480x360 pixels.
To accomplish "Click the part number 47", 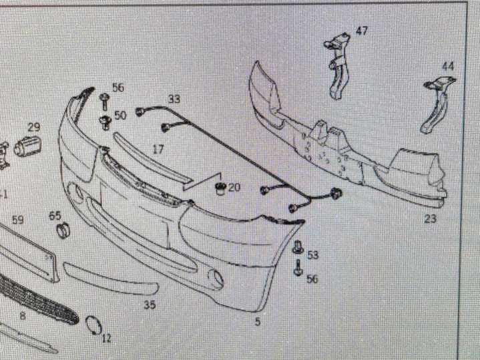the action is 362,31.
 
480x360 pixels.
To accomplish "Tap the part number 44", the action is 448,67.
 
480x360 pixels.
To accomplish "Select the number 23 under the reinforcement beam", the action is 430,219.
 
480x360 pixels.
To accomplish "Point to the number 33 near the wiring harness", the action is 174,100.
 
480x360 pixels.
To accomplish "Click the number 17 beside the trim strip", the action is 158,150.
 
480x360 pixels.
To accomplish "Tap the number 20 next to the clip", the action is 234,187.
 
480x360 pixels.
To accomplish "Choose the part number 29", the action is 34,127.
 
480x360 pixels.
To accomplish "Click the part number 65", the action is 55,216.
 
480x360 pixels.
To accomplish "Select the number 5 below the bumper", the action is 258,322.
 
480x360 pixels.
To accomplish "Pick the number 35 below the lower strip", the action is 150,305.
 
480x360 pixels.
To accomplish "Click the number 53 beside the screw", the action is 312,255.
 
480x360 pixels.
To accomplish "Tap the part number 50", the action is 120,116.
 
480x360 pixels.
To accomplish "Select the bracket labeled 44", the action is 437,104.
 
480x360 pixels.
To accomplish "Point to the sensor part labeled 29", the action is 27,146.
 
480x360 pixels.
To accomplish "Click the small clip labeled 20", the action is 220,188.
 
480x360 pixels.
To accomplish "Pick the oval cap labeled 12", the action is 93,325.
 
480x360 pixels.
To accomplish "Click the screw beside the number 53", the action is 298,247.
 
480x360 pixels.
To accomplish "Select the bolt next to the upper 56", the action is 104,101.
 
